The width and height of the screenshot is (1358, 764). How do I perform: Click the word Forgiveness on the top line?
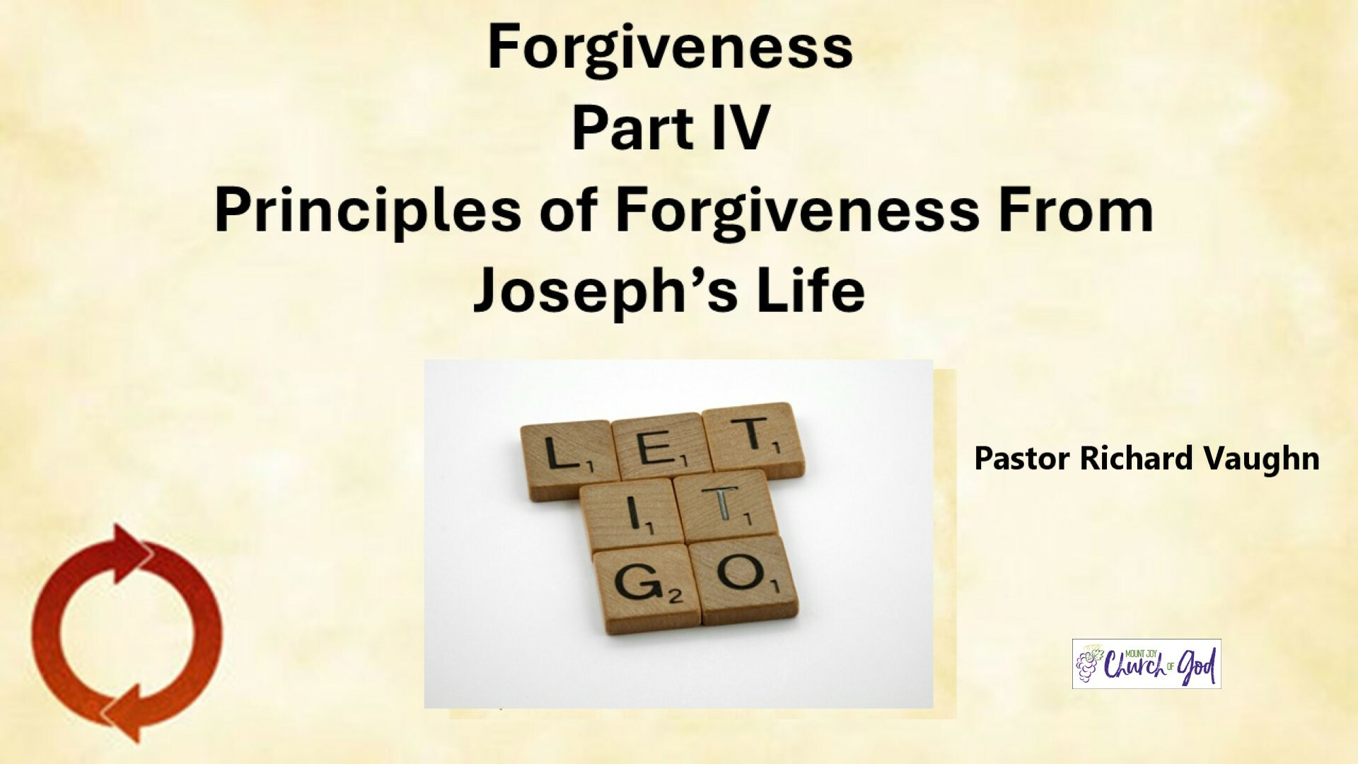(670, 48)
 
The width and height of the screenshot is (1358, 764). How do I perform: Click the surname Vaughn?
(1262, 459)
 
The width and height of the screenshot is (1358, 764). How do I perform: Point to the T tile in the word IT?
(725, 507)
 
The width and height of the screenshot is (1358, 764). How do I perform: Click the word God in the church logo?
(1197, 666)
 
